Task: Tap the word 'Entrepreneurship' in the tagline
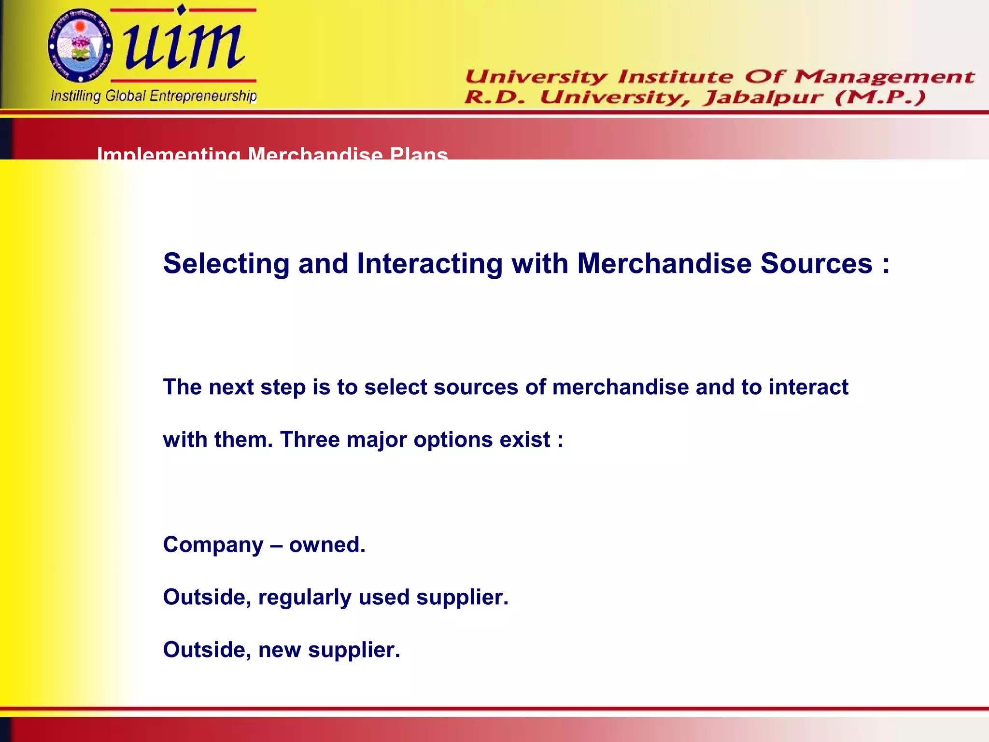(203, 96)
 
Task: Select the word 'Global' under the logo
(125, 96)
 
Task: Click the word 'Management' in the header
(884, 76)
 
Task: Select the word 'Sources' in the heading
(816, 264)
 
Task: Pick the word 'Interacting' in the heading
(429, 264)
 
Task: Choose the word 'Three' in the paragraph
(310, 440)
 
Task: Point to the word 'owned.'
(327, 545)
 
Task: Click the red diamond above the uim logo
(181, 9)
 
